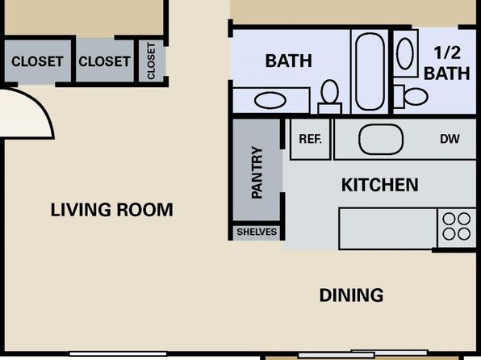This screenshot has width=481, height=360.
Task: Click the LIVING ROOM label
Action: pyautogui.click(x=111, y=210)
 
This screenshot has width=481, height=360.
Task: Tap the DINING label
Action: pyautogui.click(x=351, y=295)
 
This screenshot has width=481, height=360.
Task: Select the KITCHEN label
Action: pyautogui.click(x=380, y=185)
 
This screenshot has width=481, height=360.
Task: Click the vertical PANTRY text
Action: pyautogui.click(x=257, y=173)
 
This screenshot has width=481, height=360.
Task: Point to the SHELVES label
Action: pyautogui.click(x=257, y=232)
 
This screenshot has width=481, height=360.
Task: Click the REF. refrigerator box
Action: pyautogui.click(x=310, y=140)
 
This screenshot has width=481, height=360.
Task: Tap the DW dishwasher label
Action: pyautogui.click(x=450, y=139)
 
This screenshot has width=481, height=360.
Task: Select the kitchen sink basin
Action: pyautogui.click(x=381, y=139)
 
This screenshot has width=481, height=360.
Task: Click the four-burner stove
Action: pyautogui.click(x=457, y=227)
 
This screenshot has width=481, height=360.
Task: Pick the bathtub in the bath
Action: pyautogui.click(x=370, y=72)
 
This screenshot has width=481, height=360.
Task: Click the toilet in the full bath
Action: pyautogui.click(x=330, y=96)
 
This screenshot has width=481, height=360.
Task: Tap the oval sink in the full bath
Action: pyautogui.click(x=270, y=100)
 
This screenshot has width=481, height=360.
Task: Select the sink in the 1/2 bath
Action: pyautogui.click(x=405, y=53)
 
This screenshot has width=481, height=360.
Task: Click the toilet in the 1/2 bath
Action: pyautogui.click(x=411, y=96)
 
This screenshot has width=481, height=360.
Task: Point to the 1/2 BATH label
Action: pyautogui.click(x=447, y=63)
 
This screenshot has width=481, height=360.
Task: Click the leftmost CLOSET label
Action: pyautogui.click(x=37, y=61)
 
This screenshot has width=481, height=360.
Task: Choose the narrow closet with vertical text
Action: pyautogui.click(x=151, y=61)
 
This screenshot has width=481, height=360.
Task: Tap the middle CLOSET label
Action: pyautogui.click(x=104, y=61)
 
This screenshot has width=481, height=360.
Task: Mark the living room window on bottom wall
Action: pyautogui.click(x=118, y=354)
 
